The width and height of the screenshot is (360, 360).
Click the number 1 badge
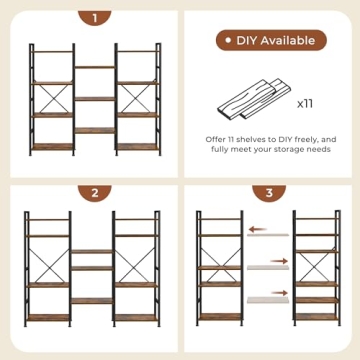click(x=91, y=18)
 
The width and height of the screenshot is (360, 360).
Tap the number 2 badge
click(x=91, y=193)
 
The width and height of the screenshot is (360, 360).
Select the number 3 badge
click(x=269, y=193)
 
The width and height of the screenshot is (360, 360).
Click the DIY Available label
click(x=269, y=40)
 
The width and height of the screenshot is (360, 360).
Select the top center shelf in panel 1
click(x=91, y=68)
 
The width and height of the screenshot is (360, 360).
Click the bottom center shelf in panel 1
click(x=91, y=131)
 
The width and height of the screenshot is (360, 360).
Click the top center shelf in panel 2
click(x=91, y=252)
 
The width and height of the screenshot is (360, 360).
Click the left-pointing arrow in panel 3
click(x=262, y=228)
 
